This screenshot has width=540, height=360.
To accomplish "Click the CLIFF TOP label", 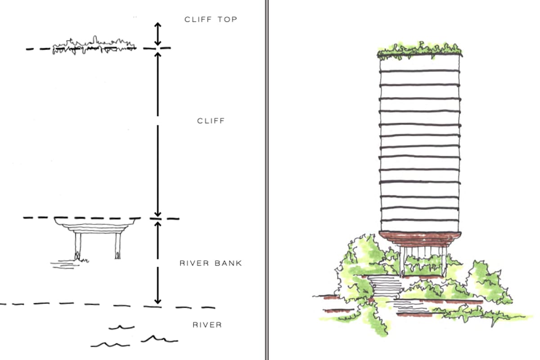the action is coord(211,19).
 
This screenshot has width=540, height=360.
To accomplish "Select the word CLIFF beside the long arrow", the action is coord(211,121).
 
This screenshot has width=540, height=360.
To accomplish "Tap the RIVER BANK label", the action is coord(211,263).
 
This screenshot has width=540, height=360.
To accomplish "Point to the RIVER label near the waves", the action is coord(207,324).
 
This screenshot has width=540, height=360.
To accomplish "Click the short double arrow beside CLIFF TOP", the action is coord(157,34).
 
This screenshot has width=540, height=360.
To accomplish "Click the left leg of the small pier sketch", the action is coord(78,246).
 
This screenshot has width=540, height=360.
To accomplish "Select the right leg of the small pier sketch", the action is coord(118,246).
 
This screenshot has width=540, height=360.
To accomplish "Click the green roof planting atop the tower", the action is coord(419,50).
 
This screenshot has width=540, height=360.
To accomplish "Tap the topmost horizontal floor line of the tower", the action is coord(420,71).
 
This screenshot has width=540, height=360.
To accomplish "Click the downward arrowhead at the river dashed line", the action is coord(157,300).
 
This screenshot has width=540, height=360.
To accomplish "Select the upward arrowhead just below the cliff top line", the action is coord(157,54).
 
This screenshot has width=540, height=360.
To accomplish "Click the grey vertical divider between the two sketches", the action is coord(267,180).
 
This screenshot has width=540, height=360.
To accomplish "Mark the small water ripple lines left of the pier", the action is coord(63,265).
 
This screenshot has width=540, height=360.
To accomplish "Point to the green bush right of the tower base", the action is coord(488,283).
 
